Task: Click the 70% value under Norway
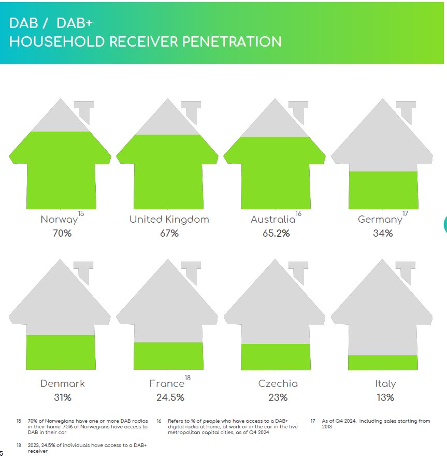tap(62, 233)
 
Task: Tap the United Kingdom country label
tap(169, 219)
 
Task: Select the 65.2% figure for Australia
tap(276, 233)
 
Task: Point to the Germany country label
tap(380, 220)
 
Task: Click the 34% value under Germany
tap(383, 233)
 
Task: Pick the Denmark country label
tap(62, 383)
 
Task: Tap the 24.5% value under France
tap(170, 397)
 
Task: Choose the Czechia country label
tap(278, 383)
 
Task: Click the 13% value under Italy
tap(385, 397)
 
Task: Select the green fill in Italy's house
tap(383, 363)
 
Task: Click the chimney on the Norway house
tap(84, 111)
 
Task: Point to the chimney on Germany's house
tap(407, 111)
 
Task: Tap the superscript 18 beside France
tap(188, 378)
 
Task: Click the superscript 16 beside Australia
tap(298, 214)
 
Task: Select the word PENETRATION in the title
tap(232, 41)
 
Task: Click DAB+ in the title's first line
tap(75, 23)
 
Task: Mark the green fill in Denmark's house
tap(61, 352)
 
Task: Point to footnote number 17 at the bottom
tap(313, 421)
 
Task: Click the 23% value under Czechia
tap(278, 397)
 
